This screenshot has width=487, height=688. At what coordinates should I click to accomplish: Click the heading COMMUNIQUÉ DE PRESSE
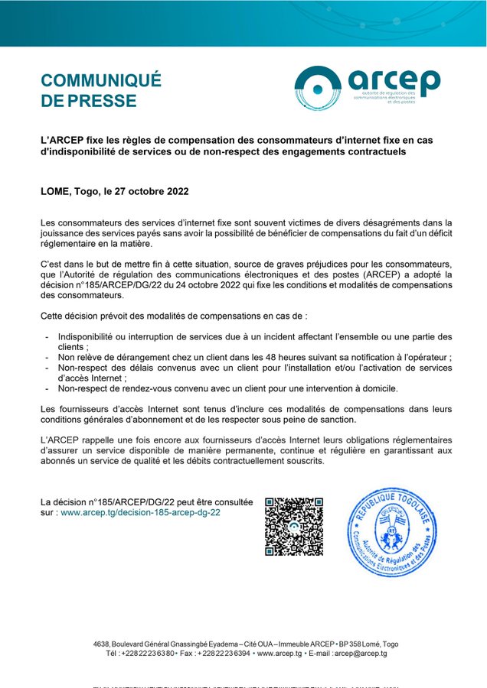tap(100, 90)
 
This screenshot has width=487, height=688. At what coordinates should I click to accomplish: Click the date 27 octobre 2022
tap(152, 191)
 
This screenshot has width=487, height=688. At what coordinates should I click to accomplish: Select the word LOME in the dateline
tap(55, 191)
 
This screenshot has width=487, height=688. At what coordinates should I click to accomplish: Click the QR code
tap(294, 527)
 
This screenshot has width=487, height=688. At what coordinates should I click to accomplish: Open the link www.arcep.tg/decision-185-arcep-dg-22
tap(140, 513)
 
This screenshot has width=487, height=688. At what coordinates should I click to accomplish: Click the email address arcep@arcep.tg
tap(361, 654)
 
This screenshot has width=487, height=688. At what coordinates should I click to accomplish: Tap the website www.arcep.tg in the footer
tap(279, 654)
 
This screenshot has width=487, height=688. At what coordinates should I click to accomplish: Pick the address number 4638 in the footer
tap(101, 644)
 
